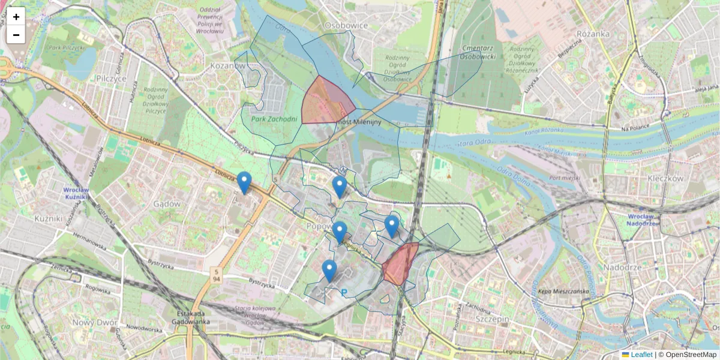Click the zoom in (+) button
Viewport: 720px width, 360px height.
16,17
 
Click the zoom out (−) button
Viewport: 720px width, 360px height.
16,35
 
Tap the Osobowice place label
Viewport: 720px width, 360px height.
345,26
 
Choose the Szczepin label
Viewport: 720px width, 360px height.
491,319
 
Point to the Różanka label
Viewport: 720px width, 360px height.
593,35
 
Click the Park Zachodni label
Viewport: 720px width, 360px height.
274,119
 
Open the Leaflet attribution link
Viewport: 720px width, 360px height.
641,355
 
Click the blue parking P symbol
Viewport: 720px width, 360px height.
344,293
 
